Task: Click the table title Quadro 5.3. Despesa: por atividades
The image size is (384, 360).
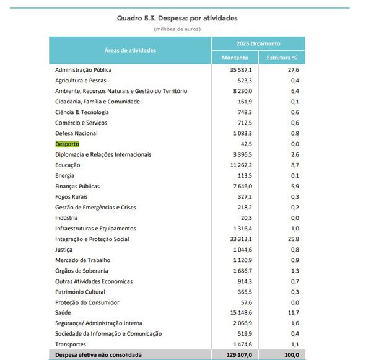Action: (x=177, y=19)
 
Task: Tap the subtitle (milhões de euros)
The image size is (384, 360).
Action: (x=177, y=29)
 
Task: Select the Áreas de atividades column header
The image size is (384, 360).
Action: (x=130, y=50)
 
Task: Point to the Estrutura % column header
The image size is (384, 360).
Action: (x=282, y=58)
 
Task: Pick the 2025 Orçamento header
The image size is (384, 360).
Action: (x=258, y=43)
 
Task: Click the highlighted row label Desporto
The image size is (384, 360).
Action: (x=67, y=144)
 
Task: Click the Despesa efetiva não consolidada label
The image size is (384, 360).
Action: (x=98, y=355)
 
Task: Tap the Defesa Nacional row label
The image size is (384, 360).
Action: (x=76, y=133)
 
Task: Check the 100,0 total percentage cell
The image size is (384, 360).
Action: (x=290, y=355)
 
